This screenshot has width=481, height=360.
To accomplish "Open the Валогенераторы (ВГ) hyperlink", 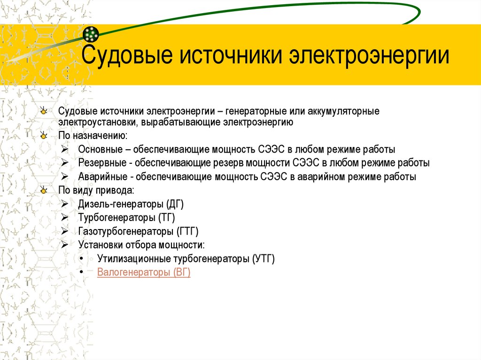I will click(x=144, y=272).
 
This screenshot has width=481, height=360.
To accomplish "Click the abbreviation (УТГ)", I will click(x=263, y=259).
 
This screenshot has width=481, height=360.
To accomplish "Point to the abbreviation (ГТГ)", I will click(x=188, y=231).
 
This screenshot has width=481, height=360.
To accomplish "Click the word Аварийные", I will click(x=101, y=177).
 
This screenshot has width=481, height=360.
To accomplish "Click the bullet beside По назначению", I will click(x=44, y=136).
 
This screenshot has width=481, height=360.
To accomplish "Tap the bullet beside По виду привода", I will click(x=44, y=191).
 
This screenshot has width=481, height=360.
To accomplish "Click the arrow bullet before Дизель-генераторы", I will click(x=64, y=204).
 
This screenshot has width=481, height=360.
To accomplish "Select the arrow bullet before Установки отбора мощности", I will click(x=64, y=245).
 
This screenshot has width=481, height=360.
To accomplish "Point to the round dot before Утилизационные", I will click(x=83, y=259).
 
